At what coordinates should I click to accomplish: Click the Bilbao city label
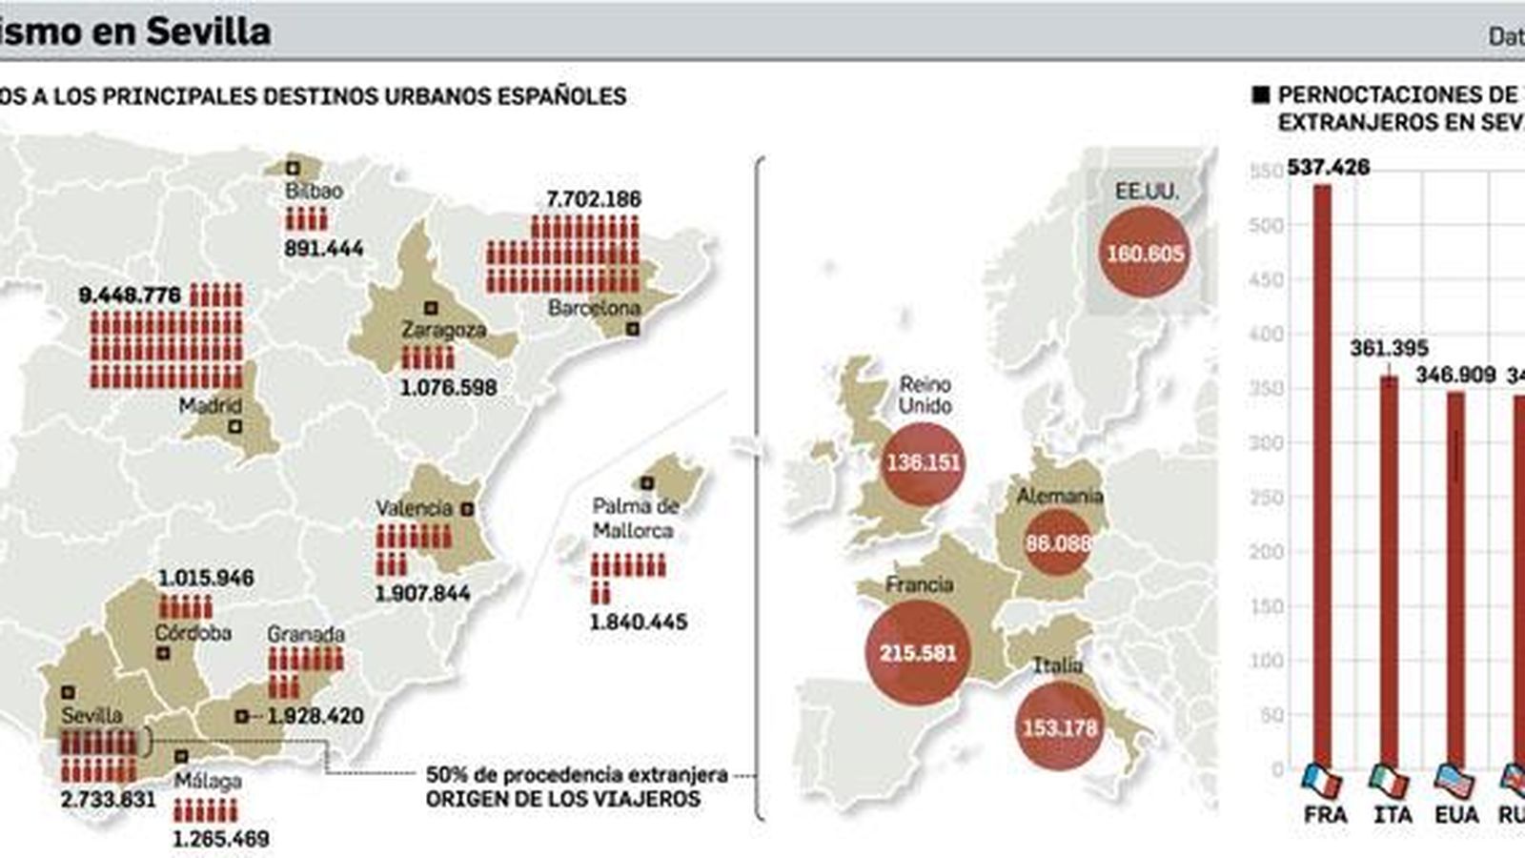[x=314, y=191]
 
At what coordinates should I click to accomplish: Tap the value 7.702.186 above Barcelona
[x=593, y=199]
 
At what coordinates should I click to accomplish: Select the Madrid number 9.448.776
[x=130, y=295]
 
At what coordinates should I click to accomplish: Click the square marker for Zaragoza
[x=430, y=308]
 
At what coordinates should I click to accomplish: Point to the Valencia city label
[x=413, y=508]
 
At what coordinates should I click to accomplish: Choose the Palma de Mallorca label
[x=635, y=519]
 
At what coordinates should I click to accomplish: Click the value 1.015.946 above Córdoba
[x=206, y=579]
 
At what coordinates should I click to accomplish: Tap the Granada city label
[x=305, y=634]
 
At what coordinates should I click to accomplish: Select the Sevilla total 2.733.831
[x=108, y=799]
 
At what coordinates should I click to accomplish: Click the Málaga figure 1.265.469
[x=221, y=839]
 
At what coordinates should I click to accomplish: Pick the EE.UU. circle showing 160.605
[x=1145, y=253]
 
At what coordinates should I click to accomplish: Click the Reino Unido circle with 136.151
[x=923, y=463]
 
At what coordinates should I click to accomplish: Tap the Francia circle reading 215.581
[x=918, y=654]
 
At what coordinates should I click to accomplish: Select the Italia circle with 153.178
[x=1060, y=728]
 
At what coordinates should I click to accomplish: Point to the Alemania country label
[x=1059, y=496]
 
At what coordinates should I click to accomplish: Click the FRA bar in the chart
[x=1322, y=477]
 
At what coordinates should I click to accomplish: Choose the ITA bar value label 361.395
[x=1389, y=349]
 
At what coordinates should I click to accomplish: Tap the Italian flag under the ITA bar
[x=1389, y=781]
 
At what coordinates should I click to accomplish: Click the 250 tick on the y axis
[x=1266, y=498]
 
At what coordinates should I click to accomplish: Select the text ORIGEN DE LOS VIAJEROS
[x=563, y=799]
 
